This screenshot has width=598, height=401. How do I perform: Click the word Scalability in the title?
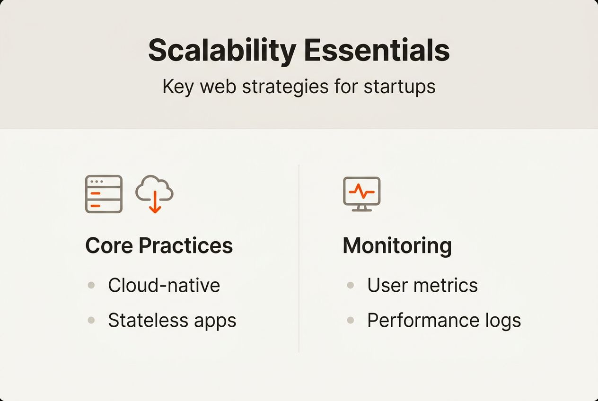pos(222,51)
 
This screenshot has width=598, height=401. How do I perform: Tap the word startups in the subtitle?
pos(400,87)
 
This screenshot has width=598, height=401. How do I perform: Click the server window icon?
pos(104,194)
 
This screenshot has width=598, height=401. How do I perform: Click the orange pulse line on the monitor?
pos(361,191)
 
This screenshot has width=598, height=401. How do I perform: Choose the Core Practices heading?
pos(159,245)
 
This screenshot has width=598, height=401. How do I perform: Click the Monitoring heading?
pos(397,245)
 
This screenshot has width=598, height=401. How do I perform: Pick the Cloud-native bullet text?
pos(164,285)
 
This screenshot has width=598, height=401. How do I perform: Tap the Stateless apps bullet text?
pos(172,320)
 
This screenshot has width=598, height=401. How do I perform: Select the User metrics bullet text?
pos(422,285)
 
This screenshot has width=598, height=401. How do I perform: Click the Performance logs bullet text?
pos(444,320)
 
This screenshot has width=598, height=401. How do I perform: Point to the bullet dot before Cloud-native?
pos(91,285)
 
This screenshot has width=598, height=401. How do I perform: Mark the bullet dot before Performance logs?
pos(351,320)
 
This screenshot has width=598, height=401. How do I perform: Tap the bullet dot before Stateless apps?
pos(91,320)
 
